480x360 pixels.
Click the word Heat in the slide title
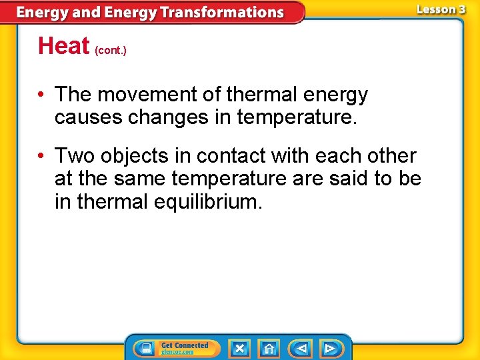(63, 46)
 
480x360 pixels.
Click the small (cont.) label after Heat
(111, 50)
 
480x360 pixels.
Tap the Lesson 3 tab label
(441, 9)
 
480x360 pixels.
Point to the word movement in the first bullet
(137, 95)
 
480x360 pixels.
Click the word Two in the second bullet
(73, 156)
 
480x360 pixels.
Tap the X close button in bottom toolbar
(239, 348)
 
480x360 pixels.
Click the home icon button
(269, 348)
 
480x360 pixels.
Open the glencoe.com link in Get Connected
(176, 352)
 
